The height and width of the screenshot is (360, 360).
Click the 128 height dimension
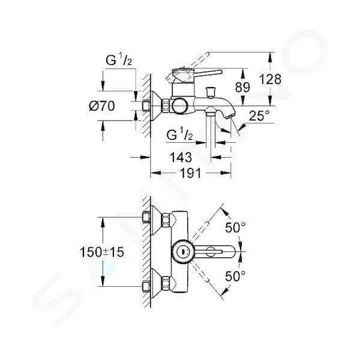coord(270,79)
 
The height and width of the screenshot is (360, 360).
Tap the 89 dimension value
coord(242,87)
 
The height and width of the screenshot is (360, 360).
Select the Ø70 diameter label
coord(102,106)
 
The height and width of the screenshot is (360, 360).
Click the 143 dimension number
coord(181,157)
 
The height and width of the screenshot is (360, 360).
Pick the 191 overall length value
coord(190,173)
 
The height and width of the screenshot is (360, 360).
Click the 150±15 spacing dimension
coord(102,252)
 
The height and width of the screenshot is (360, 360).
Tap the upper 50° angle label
coord(235,227)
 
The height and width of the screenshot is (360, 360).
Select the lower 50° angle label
coord(235,276)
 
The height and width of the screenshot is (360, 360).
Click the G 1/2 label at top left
coord(119,61)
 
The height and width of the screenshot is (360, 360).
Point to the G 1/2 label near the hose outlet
coord(180,135)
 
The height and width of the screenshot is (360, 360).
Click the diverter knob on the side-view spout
coord(211,92)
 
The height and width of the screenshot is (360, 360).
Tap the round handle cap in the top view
coord(184,251)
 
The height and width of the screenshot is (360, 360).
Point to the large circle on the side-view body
coord(180,106)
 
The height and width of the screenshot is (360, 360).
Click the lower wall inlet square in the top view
coord(146,286)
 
